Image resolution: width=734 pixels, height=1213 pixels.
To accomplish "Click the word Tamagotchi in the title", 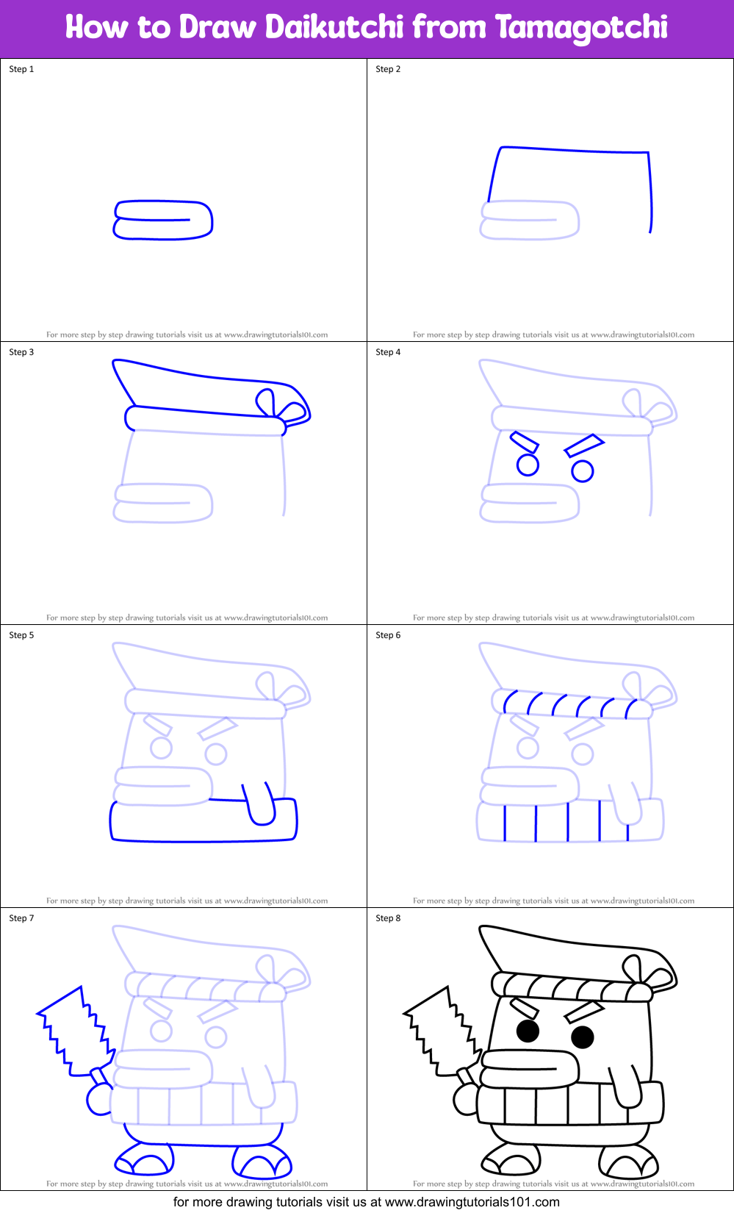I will (x=581, y=27).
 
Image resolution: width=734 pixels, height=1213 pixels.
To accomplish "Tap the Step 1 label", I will (x=21, y=69).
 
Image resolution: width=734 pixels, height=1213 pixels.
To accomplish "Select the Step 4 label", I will (x=388, y=352).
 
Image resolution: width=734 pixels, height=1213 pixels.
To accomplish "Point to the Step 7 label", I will (x=21, y=918).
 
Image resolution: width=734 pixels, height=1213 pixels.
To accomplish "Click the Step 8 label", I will (x=388, y=918).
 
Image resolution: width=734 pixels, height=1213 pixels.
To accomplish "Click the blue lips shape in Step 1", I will (x=163, y=220).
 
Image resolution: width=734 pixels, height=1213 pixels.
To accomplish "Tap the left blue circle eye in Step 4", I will (x=528, y=465).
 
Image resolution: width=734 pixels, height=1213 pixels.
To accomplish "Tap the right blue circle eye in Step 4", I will (x=583, y=471).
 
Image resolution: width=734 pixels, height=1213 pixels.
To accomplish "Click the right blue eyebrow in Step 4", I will (x=584, y=446).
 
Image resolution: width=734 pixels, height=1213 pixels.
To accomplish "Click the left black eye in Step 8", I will (x=528, y=1031).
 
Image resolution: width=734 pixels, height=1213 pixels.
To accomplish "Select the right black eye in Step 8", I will (x=583, y=1037).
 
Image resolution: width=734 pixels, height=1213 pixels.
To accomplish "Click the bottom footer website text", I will (x=367, y=1202).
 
